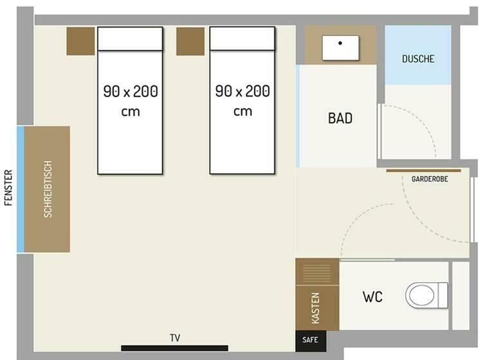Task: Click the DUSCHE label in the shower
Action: point(418,59)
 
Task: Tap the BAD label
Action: point(340,118)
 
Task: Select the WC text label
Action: point(372,297)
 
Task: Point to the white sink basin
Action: point(340,48)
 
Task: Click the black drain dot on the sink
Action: point(340,43)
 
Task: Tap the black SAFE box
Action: point(311,341)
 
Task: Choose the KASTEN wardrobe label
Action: point(315,308)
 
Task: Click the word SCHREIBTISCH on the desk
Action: point(48,189)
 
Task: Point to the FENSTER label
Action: point(8,188)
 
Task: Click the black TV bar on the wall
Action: point(174,348)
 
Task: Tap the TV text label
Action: point(175,338)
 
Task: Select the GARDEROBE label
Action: point(430,179)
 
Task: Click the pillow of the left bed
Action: point(130,39)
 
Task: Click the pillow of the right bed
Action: point(242,39)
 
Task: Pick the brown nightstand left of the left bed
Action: point(80,41)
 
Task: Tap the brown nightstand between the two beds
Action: point(190,41)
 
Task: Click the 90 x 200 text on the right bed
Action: point(242,91)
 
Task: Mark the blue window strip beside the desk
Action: point(20,189)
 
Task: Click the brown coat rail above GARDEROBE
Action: point(424,171)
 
